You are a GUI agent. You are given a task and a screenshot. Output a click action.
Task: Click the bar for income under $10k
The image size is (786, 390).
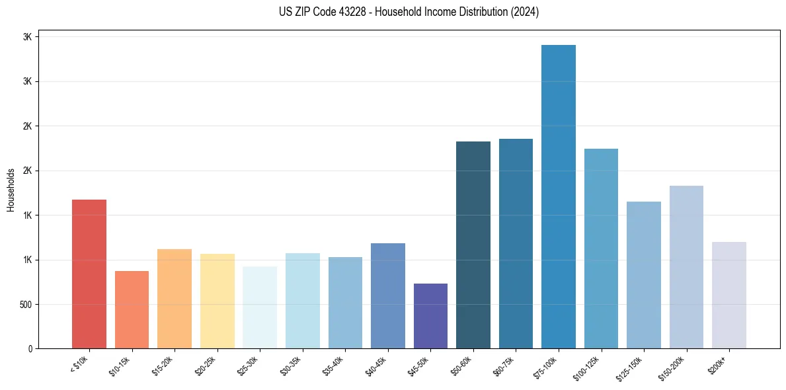click(x=89, y=274)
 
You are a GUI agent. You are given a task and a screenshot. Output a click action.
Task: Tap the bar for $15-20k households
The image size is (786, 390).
click(x=175, y=299)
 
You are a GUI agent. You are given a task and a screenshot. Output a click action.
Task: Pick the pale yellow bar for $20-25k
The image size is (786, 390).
click(x=217, y=301)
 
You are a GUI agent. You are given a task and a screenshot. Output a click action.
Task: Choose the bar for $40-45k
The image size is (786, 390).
click(x=387, y=295)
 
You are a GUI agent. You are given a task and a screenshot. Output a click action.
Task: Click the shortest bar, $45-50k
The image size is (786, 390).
click(x=430, y=316)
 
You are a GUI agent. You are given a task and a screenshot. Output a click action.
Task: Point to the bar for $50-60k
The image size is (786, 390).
click(x=473, y=245)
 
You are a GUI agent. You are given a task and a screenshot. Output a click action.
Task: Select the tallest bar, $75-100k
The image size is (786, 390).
click(x=559, y=196)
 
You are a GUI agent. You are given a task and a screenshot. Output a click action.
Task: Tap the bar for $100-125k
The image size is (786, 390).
click(x=601, y=249)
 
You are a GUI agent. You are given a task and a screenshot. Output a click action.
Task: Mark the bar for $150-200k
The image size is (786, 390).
click(x=686, y=267)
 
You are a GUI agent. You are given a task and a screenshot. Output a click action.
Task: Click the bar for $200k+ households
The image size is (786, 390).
click(x=729, y=295)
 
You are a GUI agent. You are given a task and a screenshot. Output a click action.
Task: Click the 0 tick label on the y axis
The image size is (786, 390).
click(x=30, y=349)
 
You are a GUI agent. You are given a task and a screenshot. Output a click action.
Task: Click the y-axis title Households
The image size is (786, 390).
click(x=11, y=190)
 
